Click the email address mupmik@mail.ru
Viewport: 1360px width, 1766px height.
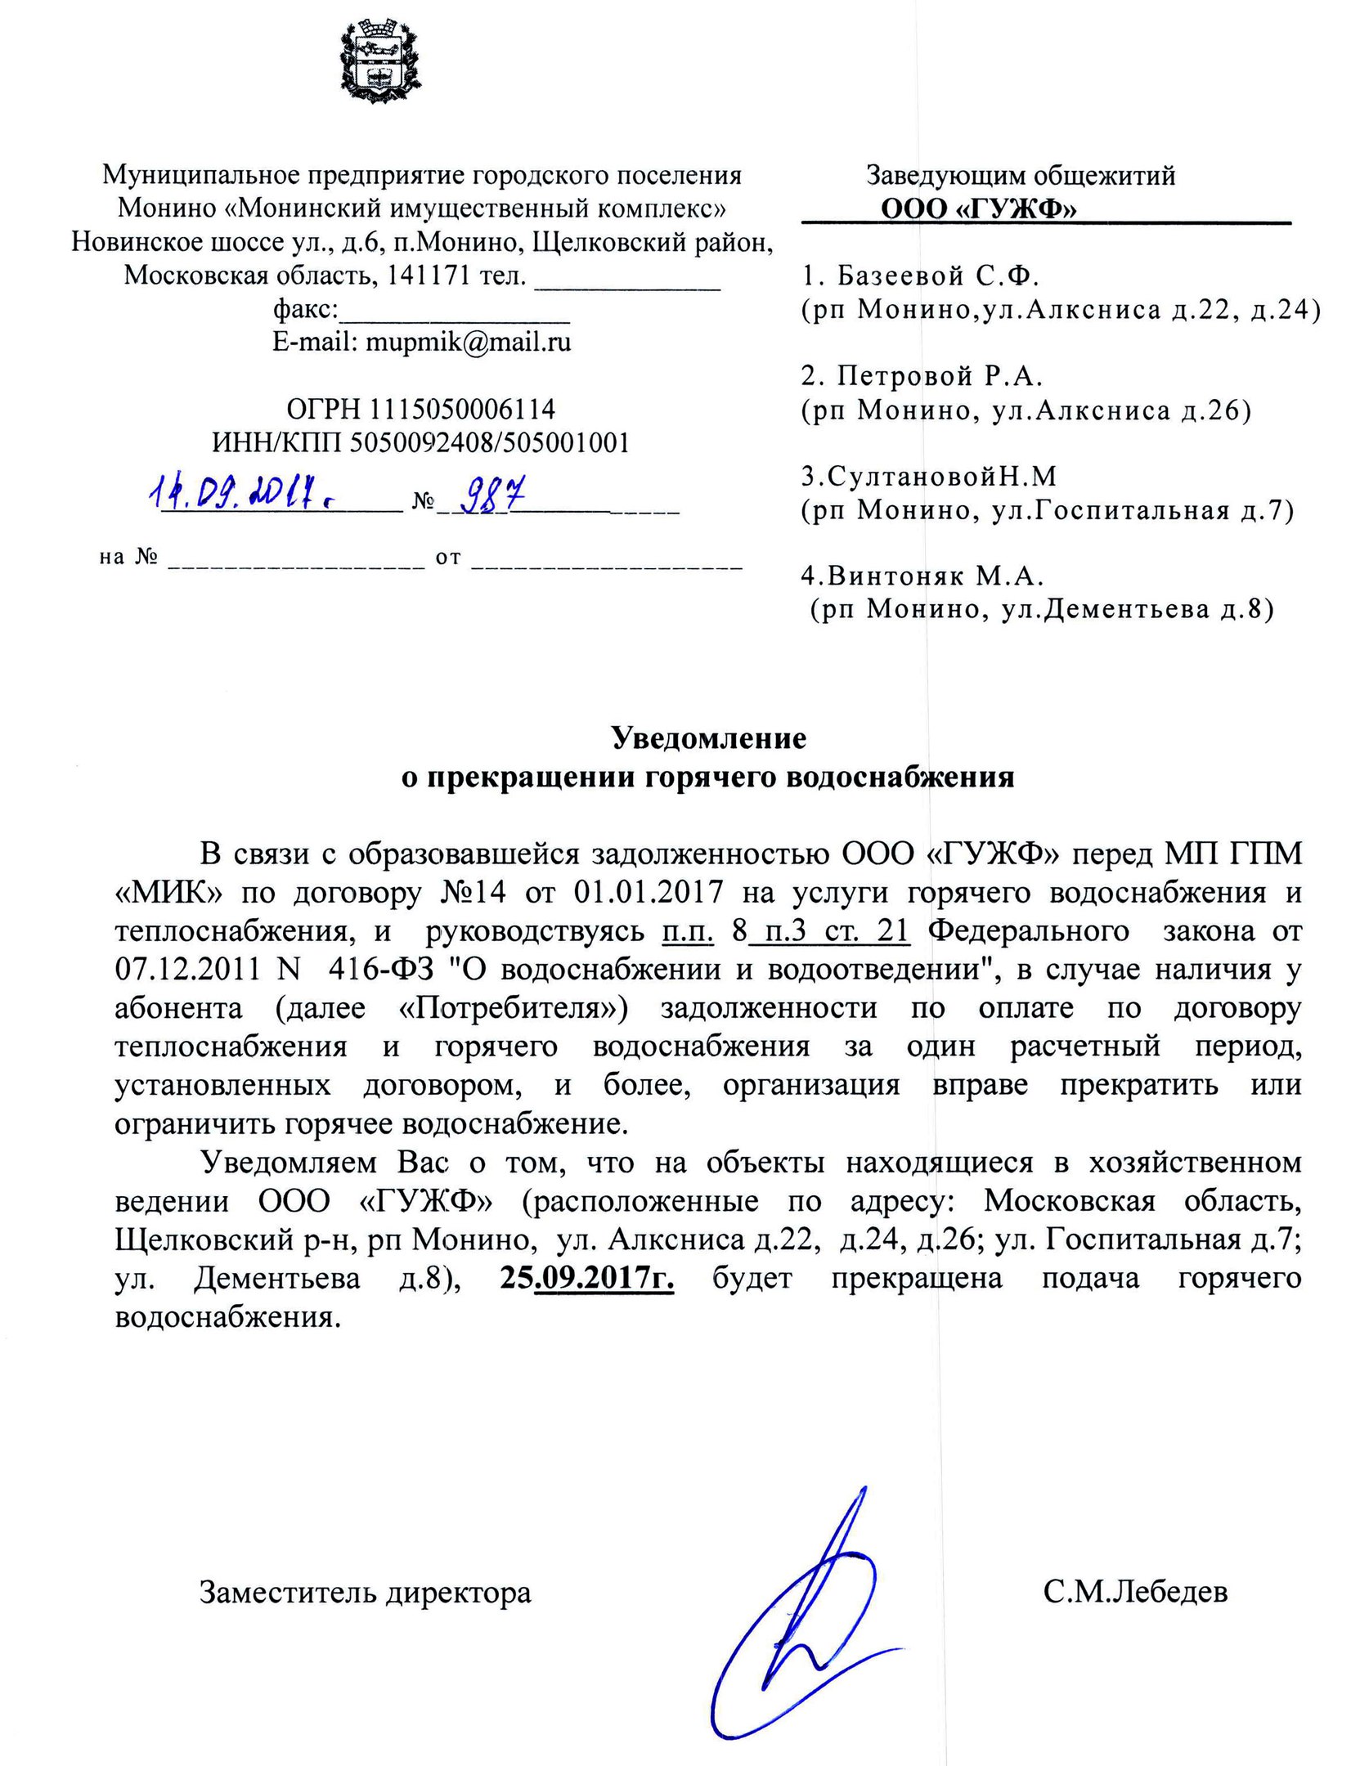point(421,342)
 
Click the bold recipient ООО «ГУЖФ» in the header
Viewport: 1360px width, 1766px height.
point(978,210)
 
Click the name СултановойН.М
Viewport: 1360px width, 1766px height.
point(928,476)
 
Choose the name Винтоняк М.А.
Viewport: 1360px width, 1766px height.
point(922,576)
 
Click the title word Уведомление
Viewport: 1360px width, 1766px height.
point(709,738)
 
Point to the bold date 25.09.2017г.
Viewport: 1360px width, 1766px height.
point(586,1277)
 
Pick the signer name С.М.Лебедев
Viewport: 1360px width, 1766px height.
point(1135,1592)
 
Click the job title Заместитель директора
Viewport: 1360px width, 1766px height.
point(366,1592)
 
